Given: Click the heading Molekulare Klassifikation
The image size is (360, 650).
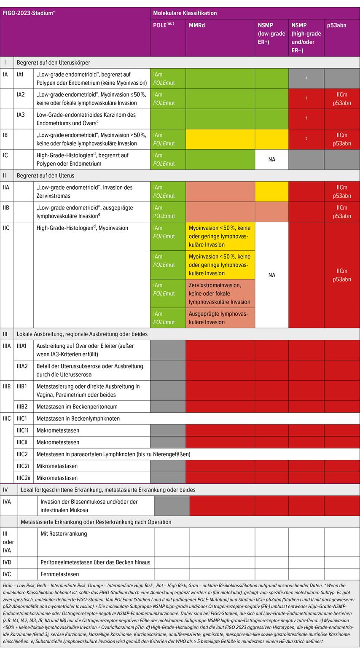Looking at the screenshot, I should click(x=185, y=13).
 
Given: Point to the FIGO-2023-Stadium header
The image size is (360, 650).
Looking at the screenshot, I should click(x=29, y=13).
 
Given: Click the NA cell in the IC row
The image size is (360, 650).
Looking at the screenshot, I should click(x=271, y=160).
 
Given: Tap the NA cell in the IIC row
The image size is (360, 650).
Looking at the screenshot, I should click(x=271, y=275).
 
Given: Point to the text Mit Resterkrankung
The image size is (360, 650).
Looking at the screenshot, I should click(x=64, y=534).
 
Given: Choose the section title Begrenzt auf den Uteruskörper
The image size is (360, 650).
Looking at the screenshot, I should click(x=53, y=63).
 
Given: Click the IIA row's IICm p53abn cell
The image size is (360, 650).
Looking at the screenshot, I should click(x=342, y=192).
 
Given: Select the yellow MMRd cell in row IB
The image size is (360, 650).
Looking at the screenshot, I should click(x=220, y=140).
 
